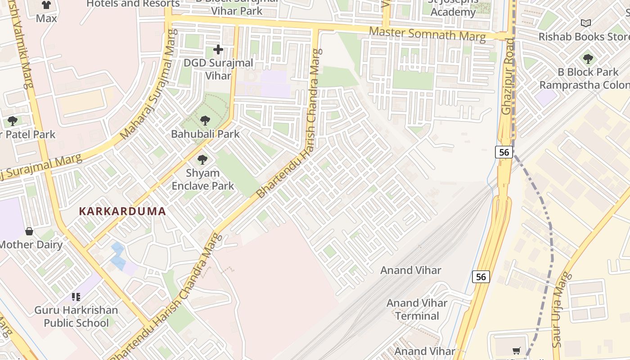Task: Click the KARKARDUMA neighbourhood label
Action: tap(122, 211)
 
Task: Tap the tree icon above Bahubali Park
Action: tap(205, 121)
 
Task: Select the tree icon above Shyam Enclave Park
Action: tap(202, 160)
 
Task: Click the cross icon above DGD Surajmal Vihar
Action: tap(218, 49)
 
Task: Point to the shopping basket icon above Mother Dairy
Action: tap(29, 231)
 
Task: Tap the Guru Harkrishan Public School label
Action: tap(76, 316)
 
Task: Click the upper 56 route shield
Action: tap(504, 152)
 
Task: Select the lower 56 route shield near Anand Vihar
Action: tap(481, 277)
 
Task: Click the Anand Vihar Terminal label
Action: tap(417, 309)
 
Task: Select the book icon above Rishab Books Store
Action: tap(585, 23)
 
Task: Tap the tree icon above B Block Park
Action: tap(588, 58)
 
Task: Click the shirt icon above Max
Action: tap(46, 5)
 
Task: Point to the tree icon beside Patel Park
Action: tap(13, 121)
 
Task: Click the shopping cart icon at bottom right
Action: tap(517, 351)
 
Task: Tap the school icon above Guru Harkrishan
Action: tap(76, 297)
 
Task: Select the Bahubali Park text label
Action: tap(205, 134)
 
